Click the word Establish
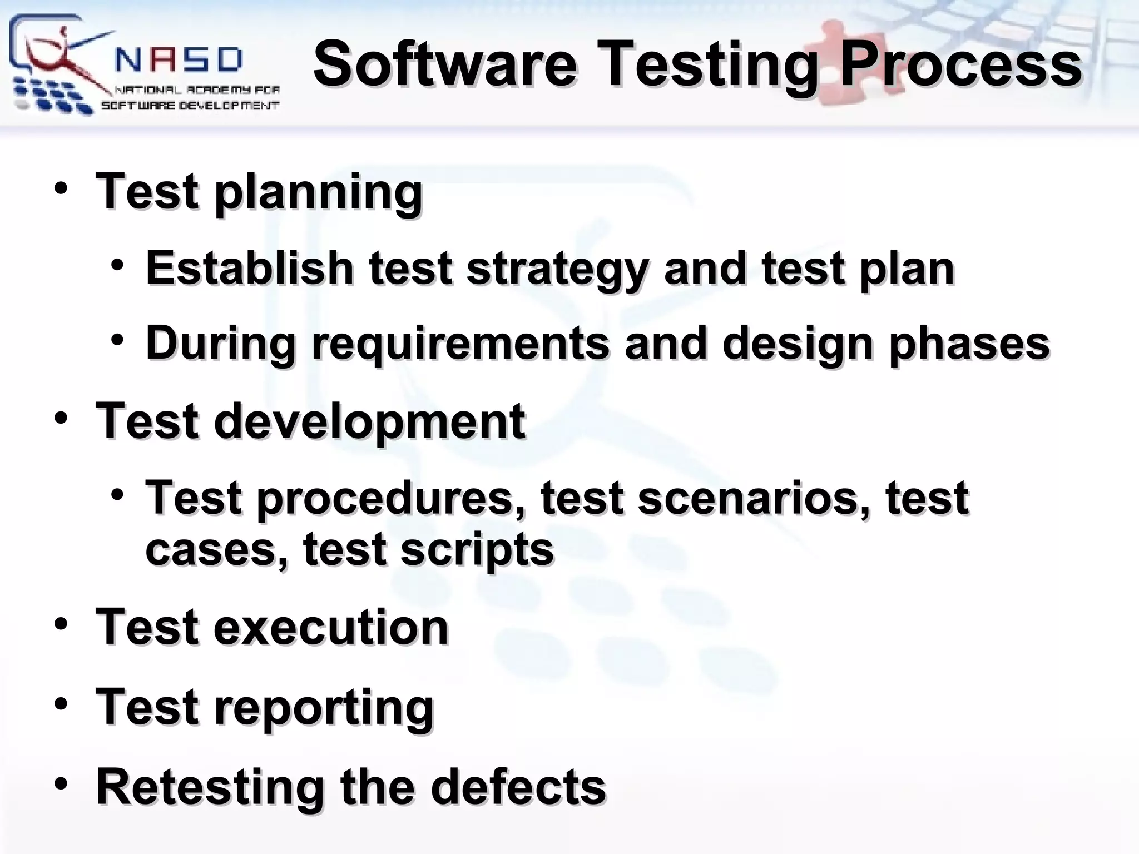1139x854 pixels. point(250,268)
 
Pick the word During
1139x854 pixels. point(220,343)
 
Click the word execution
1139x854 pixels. point(331,627)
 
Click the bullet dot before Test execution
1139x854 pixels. point(61,623)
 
